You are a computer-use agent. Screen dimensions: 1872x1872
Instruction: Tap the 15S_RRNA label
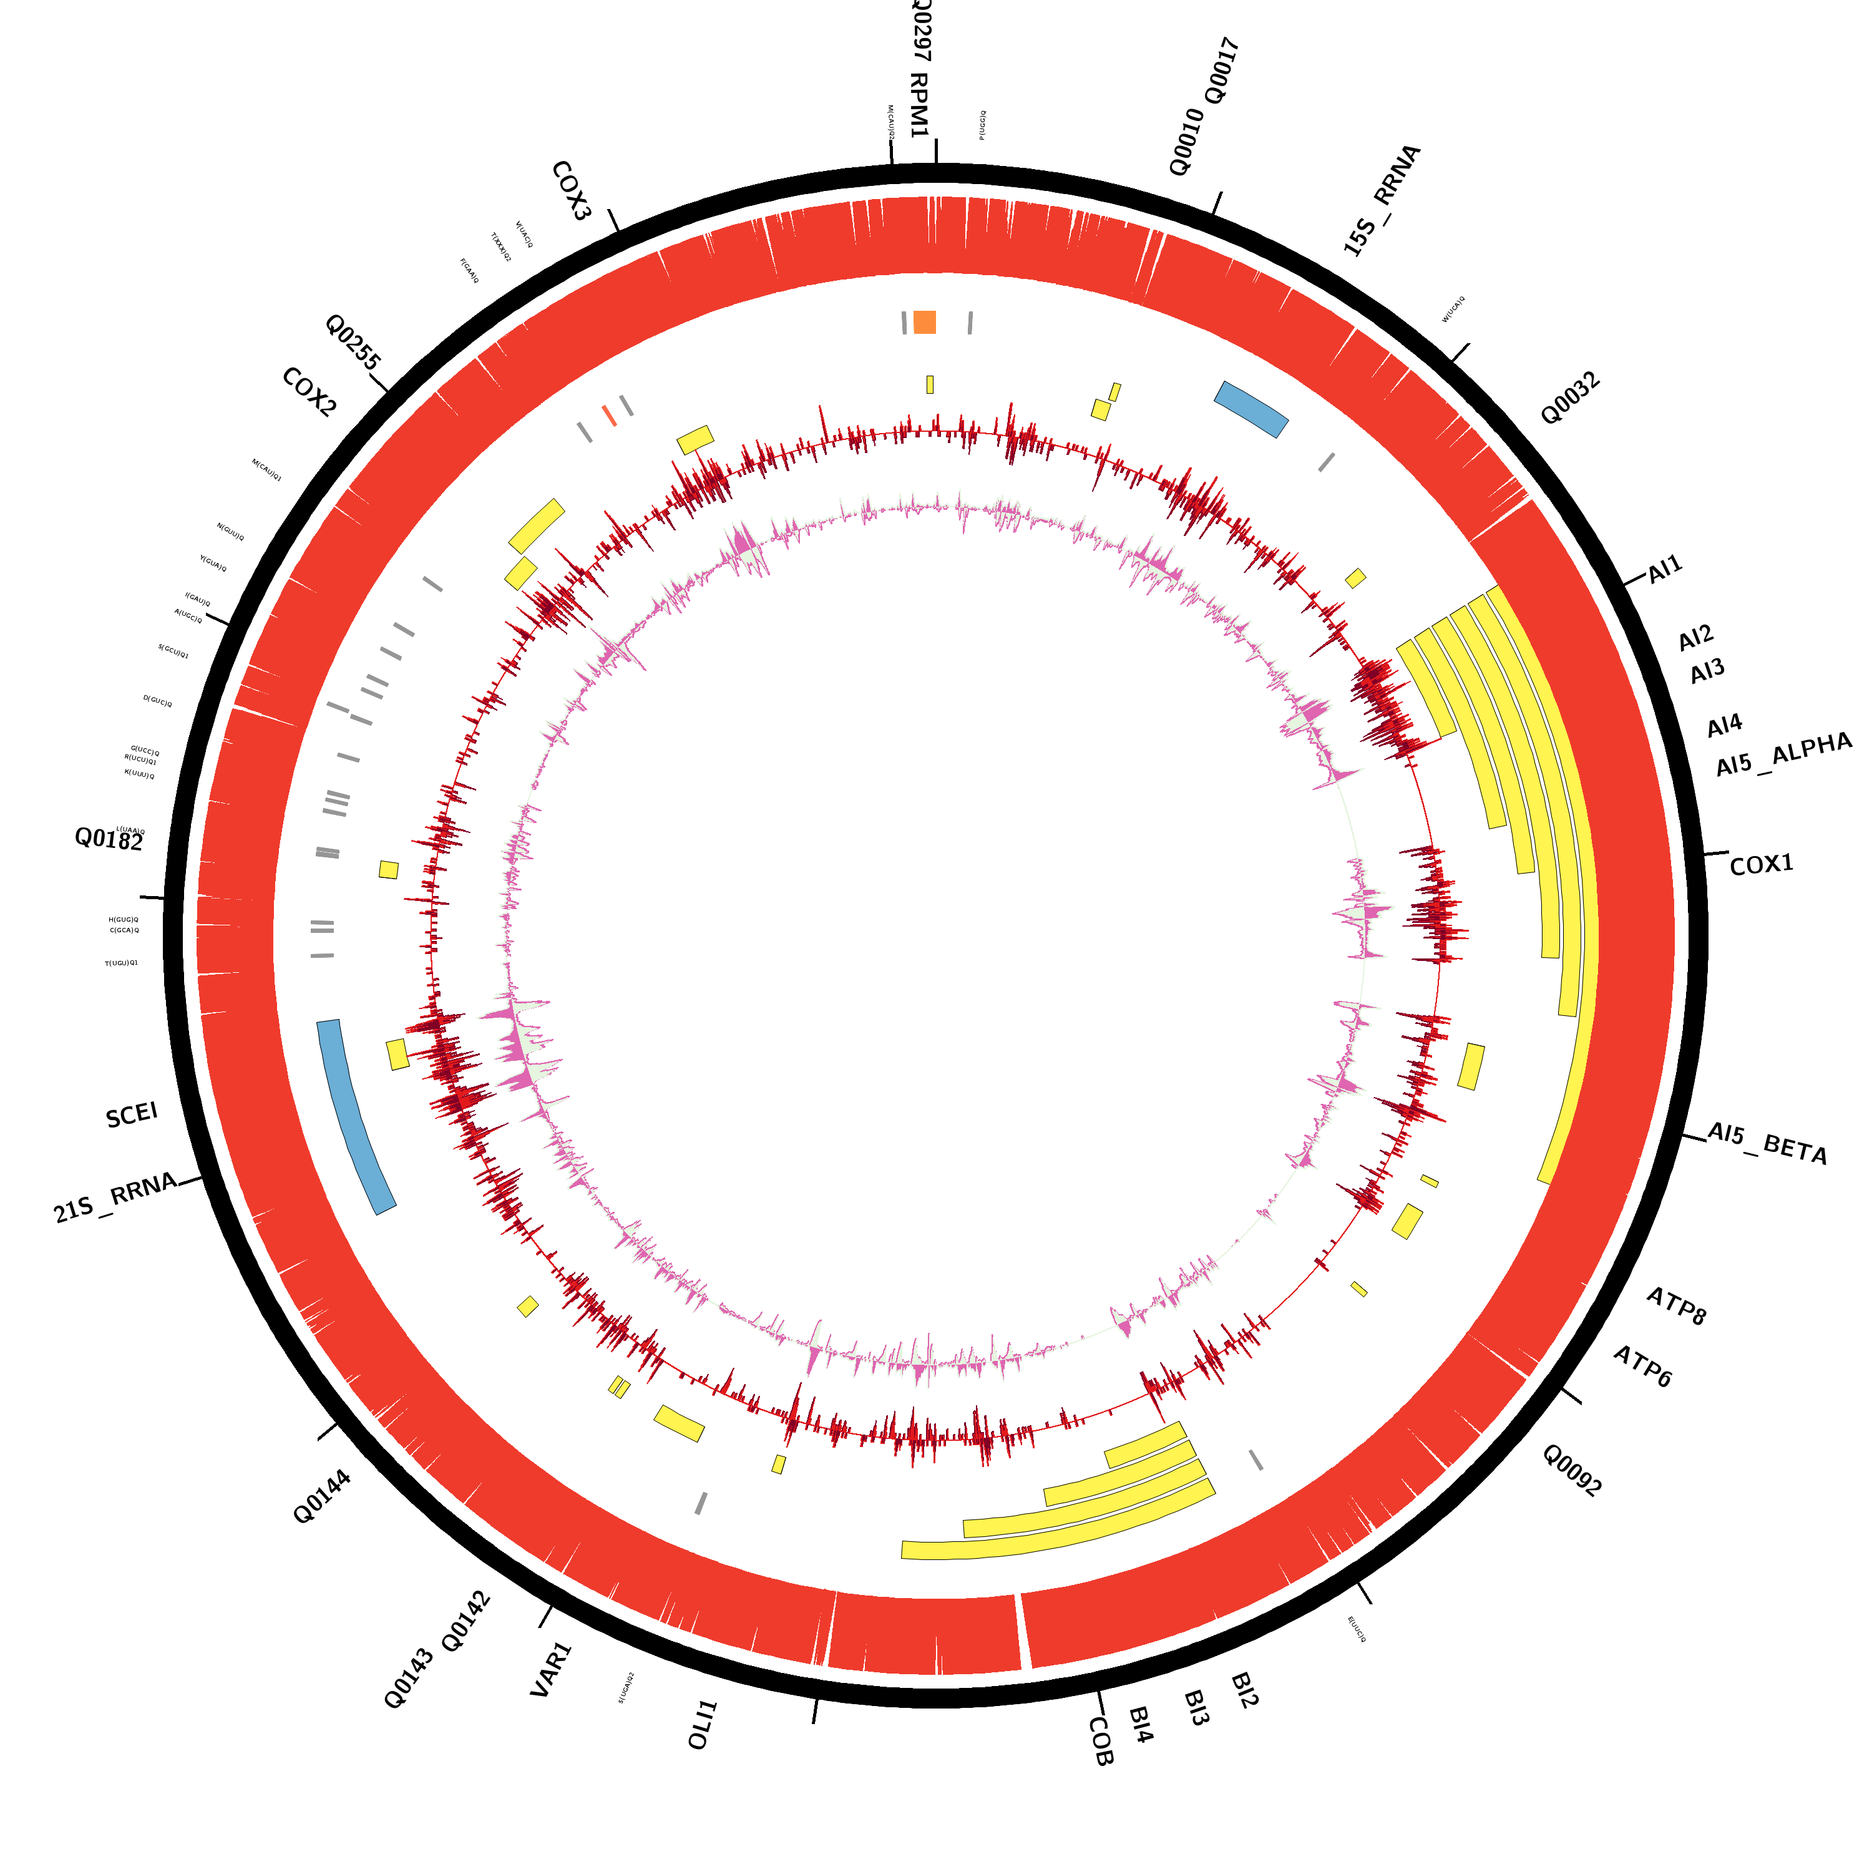tap(1381, 200)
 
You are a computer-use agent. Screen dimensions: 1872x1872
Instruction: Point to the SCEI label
tap(132, 1115)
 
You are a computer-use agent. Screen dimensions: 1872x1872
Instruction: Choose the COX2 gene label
tap(309, 392)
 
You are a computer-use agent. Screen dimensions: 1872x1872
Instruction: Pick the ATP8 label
tap(1676, 1306)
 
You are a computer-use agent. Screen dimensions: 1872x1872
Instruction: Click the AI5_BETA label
tap(1767, 1143)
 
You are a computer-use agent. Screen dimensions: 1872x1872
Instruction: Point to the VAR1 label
tap(552, 1669)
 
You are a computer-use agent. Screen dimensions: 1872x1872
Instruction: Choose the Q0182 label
tap(109, 839)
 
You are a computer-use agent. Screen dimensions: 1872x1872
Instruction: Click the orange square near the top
tap(924, 322)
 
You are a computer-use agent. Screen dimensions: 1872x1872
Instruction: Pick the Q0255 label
tap(353, 341)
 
